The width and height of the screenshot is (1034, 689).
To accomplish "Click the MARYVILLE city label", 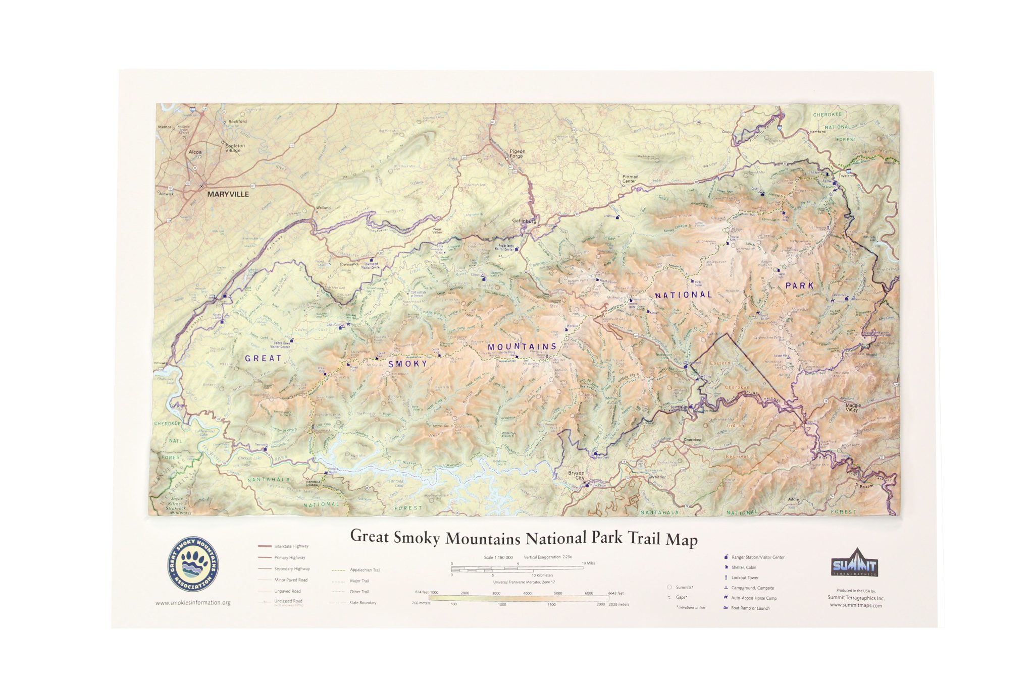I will (x=228, y=194).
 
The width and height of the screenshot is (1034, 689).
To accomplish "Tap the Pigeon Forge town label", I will (x=517, y=153).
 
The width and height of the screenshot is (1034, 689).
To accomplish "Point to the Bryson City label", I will (x=576, y=476).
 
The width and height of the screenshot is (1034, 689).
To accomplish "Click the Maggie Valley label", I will (x=853, y=407).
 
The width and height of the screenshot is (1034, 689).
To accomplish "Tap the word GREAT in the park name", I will (x=263, y=358).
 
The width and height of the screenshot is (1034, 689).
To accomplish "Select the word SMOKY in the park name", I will (x=407, y=363).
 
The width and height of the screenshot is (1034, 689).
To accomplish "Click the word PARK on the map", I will (x=799, y=285).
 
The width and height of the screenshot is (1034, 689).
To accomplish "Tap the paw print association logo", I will (x=193, y=564).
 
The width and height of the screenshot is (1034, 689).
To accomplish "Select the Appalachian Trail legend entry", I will (x=365, y=570).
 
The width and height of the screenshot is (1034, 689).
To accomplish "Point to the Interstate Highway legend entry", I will (x=291, y=546).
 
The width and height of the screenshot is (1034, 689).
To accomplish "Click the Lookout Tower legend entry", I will (x=745, y=578).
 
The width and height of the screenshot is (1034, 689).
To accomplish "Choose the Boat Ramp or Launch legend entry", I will (x=750, y=608).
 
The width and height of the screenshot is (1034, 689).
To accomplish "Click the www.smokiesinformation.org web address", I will (x=193, y=602).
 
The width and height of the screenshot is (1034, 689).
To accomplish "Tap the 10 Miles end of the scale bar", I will (x=588, y=563).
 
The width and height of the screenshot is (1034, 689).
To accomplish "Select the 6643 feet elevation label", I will (x=616, y=593).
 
